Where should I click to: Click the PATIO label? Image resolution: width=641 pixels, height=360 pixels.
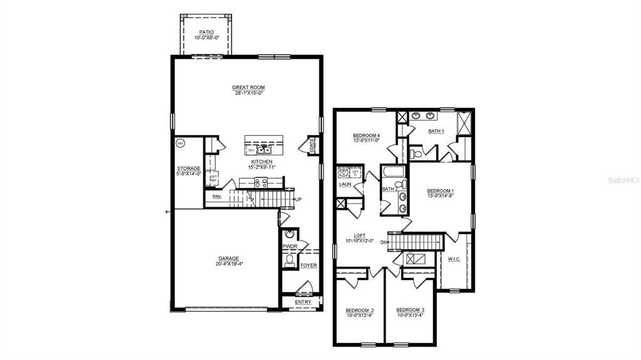pos(207,31)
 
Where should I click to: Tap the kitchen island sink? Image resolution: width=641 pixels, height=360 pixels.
pos(266,150)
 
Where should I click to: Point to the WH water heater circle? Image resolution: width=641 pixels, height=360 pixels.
pos(180,143)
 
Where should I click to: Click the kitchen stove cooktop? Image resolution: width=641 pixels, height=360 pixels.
pos(260,183)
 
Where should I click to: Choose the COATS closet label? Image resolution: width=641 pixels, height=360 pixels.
pos(312,145)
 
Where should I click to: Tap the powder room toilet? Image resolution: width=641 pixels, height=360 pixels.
pos(290,261)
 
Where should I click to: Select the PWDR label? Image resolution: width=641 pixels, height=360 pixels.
pos(289,247)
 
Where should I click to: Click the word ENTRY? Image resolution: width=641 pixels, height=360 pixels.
pos(303,302)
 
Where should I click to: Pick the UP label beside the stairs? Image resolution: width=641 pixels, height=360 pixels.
pos(298,199)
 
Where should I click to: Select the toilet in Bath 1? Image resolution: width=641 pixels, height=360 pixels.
pos(416,153)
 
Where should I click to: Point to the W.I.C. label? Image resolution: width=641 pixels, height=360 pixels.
pos(454,259)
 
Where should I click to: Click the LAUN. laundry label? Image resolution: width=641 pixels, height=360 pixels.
pos(345,185)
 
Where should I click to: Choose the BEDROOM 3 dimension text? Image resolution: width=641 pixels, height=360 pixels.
pos(410,316)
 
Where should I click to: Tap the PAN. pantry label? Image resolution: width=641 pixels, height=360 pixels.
pos(217,197)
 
